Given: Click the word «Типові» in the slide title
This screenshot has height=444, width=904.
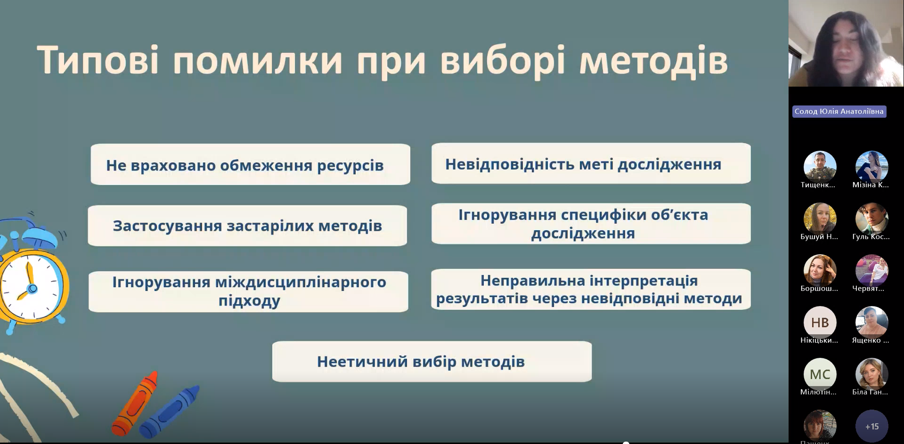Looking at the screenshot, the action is coord(98,60).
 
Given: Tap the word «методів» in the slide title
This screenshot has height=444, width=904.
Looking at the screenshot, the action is coord(653,61).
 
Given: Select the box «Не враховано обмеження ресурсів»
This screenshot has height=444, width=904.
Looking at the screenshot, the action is coord(251,164).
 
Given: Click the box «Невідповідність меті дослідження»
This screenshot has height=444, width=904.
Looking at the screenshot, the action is coord(591,163).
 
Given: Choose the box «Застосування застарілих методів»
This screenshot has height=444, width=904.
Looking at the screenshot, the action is coord(247,226).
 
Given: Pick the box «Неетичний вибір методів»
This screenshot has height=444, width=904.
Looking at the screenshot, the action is coord(432,362).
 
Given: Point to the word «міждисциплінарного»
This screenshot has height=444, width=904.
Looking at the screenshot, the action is coord(301,282).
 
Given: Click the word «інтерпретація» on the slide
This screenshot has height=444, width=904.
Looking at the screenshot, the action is coord(643,281).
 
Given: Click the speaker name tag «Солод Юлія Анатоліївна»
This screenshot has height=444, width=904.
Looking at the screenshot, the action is coord(839,112).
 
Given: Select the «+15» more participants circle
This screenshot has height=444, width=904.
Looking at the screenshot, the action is coord(871,426).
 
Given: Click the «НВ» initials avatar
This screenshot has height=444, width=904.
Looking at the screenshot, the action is coord(820,323).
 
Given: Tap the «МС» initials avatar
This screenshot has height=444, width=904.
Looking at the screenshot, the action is coord(820,374).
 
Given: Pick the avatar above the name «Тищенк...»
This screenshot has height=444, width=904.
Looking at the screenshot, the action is coord(820,167).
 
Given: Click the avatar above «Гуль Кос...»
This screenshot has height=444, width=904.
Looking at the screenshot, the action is coord(871,219).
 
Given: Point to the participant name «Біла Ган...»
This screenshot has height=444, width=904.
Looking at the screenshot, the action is coord(870,392).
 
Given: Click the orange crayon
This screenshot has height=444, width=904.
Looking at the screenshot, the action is coord(134,403).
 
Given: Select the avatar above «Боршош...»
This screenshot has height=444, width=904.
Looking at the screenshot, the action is coord(820,271).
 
